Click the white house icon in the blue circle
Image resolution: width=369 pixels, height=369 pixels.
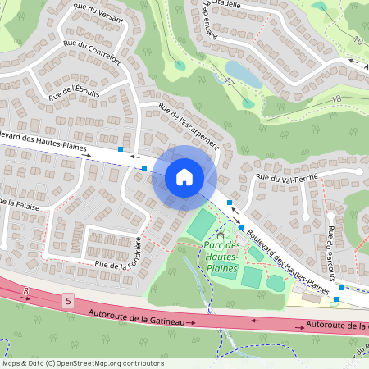184,176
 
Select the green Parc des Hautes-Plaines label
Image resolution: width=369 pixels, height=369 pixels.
221,257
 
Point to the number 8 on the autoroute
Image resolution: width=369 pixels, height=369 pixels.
26,290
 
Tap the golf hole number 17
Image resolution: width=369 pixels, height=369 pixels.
230,83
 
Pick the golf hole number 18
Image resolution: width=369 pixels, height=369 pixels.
336,98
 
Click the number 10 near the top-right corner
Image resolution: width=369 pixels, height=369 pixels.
358,40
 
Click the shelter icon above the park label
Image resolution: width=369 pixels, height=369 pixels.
219,236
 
